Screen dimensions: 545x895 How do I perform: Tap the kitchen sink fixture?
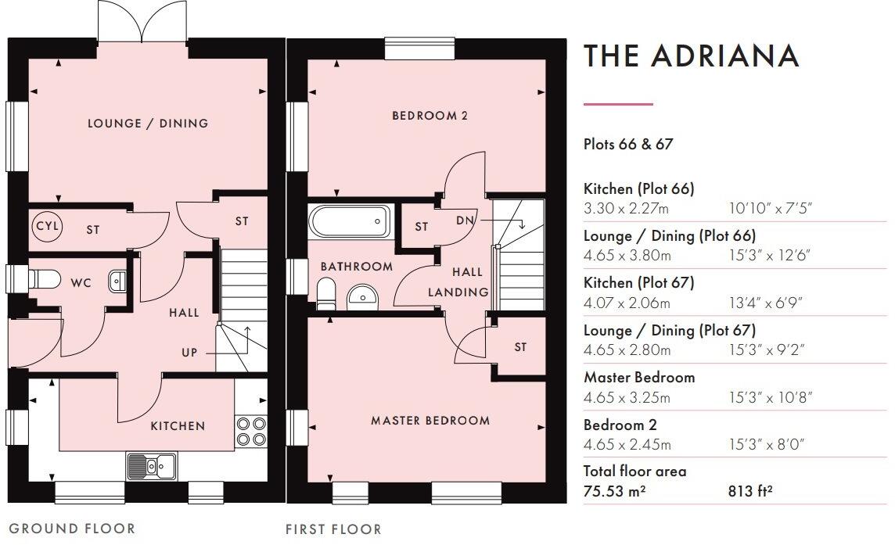tap(152, 465)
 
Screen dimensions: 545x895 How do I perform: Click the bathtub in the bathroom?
tap(350, 221)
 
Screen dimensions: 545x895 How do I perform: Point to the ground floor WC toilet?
tap(45, 278)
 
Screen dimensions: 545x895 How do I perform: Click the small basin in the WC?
tap(117, 281)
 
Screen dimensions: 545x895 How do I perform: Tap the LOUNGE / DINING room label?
tap(148, 124)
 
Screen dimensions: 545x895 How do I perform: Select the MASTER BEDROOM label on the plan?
tap(430, 421)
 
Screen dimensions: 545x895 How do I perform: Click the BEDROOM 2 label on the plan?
tap(430, 116)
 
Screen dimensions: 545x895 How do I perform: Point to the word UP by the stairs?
tap(189, 353)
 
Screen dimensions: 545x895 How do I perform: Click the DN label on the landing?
tap(465, 221)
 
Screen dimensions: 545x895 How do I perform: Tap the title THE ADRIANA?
tap(692, 56)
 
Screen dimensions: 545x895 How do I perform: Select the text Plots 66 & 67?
tap(628, 145)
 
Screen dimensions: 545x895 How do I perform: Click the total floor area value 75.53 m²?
tap(615, 491)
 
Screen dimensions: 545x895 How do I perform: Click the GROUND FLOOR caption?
tap(72, 529)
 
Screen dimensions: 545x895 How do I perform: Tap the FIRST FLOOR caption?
tap(333, 529)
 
